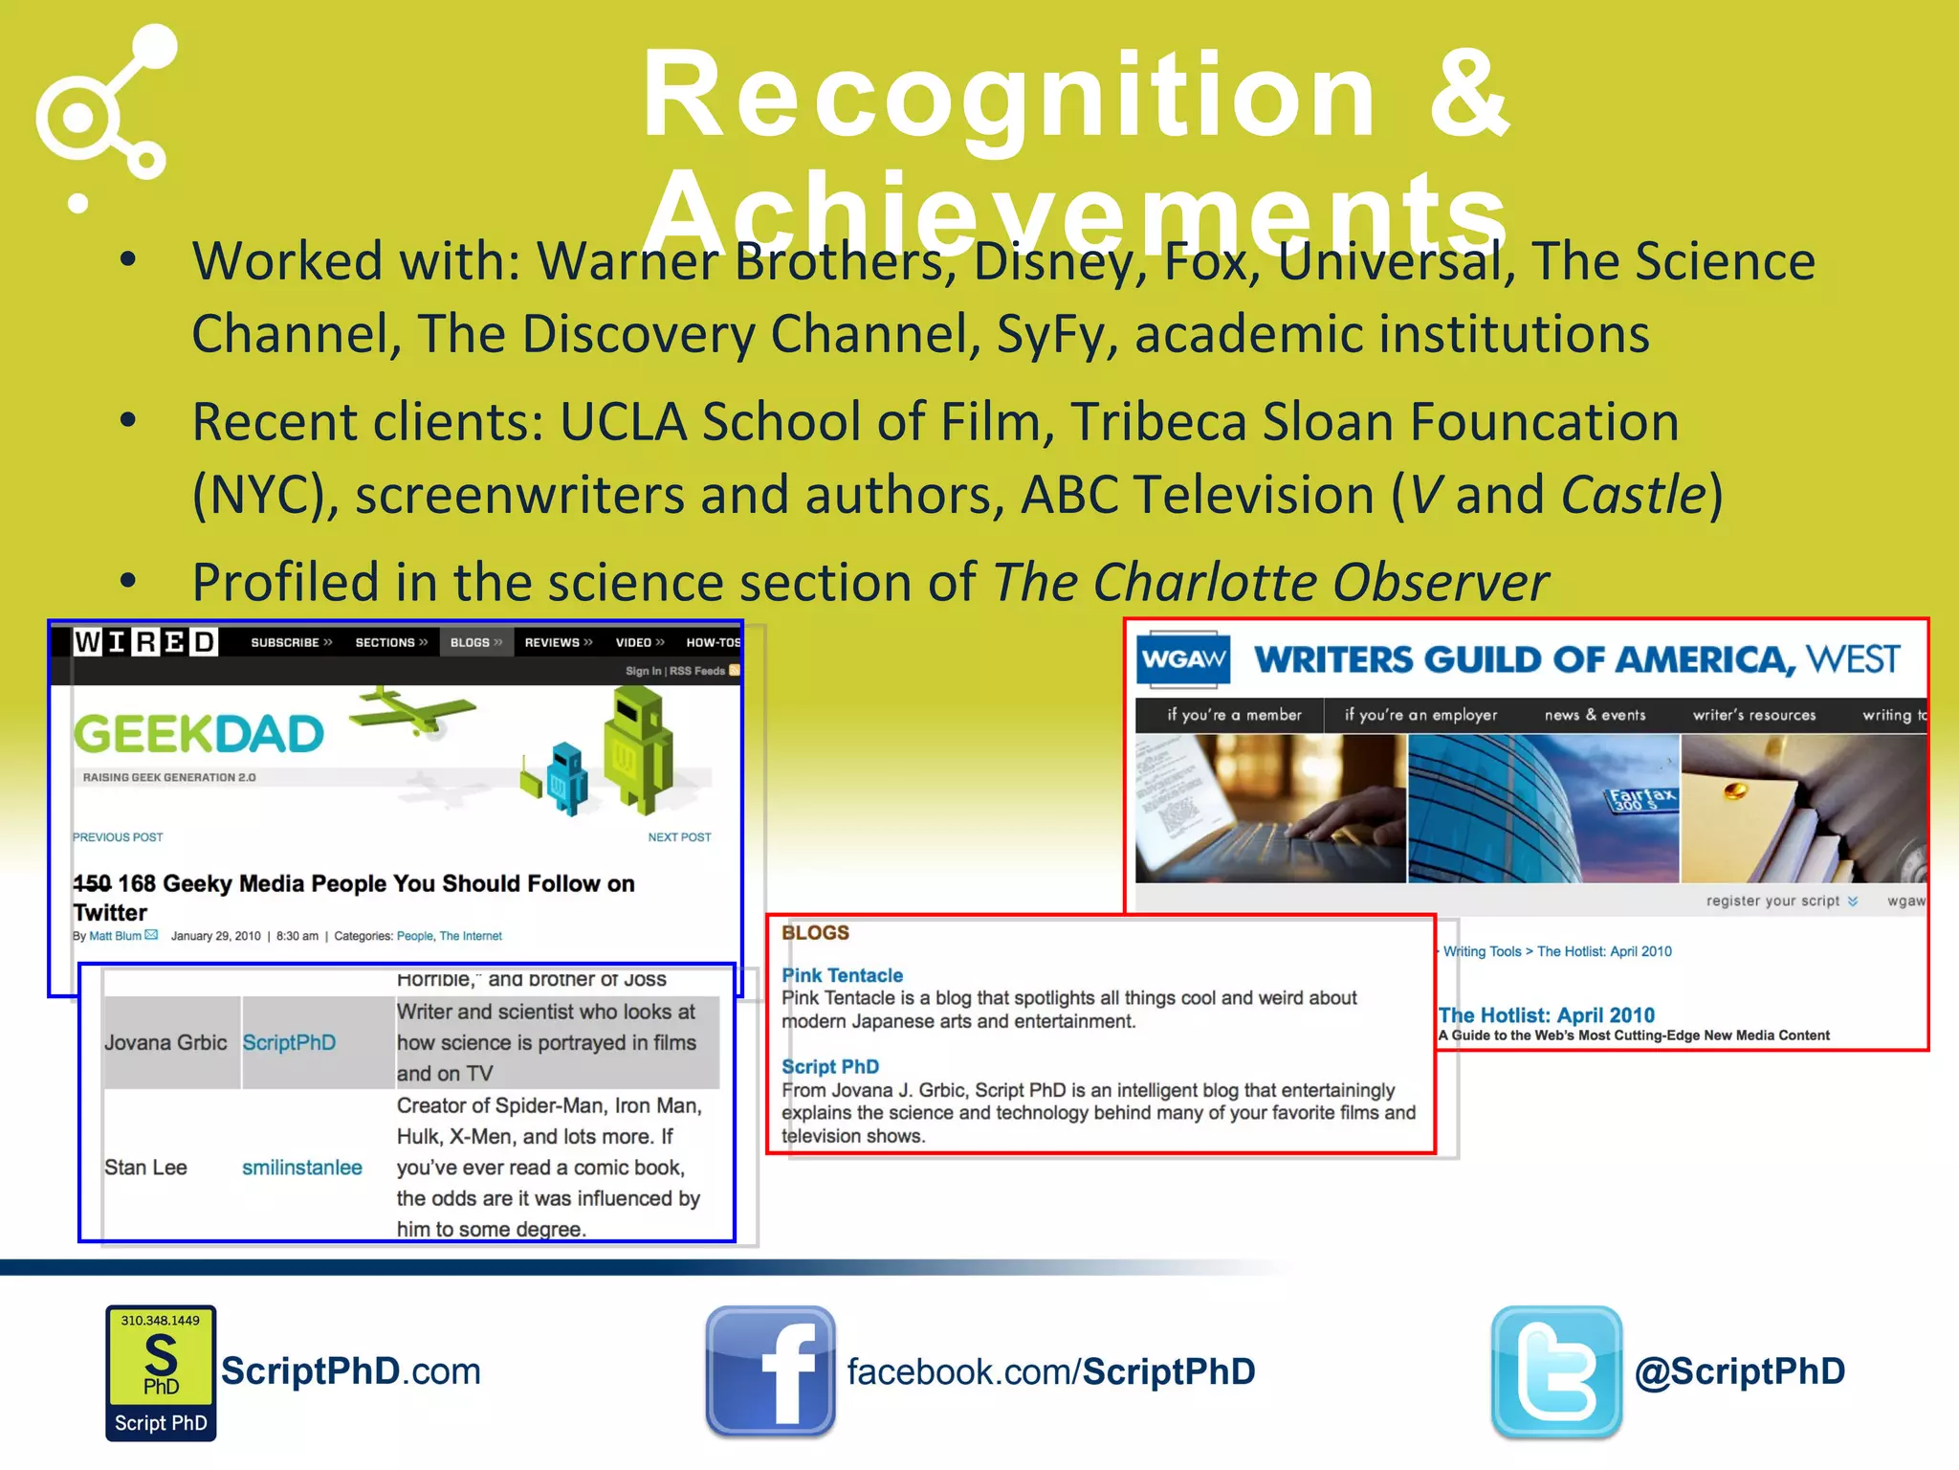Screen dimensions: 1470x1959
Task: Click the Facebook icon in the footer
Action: click(770, 1370)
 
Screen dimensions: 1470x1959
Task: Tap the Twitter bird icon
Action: click(1556, 1370)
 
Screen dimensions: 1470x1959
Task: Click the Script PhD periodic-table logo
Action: click(161, 1372)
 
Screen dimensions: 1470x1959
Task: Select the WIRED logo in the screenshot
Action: click(145, 642)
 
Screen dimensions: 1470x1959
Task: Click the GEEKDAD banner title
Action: click(199, 735)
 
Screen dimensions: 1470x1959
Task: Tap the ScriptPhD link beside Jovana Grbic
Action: click(289, 1042)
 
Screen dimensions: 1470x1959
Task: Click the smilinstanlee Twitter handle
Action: click(301, 1168)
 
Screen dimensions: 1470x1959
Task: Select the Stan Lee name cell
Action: click(145, 1168)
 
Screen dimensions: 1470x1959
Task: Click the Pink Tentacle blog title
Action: click(842, 975)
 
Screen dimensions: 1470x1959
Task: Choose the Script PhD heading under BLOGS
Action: click(829, 1066)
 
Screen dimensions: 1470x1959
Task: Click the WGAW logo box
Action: click(1183, 659)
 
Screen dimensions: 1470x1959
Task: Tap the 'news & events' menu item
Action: click(1595, 715)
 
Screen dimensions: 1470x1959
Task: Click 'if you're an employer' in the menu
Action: click(1420, 715)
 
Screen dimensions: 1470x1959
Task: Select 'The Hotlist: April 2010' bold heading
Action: click(1547, 1015)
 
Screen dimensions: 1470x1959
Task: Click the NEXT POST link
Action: click(679, 837)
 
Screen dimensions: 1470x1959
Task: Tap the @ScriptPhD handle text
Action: click(1740, 1371)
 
